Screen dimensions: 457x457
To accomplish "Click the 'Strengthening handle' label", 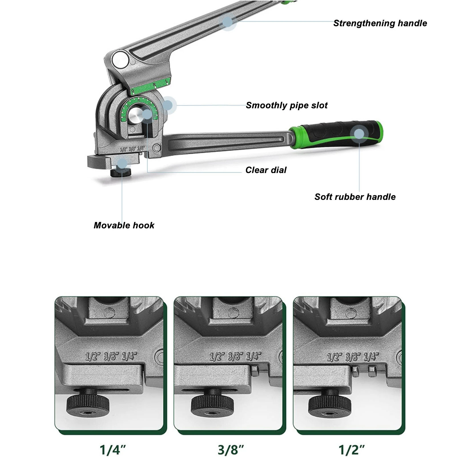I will [x=380, y=23].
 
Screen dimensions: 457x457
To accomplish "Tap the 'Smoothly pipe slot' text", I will [x=287, y=105].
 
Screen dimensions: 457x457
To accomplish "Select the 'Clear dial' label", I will [x=266, y=170].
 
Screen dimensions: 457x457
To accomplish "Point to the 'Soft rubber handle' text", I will [x=355, y=197].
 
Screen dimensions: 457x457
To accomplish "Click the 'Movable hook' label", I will [x=124, y=226].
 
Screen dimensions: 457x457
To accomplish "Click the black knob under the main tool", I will [x=121, y=172].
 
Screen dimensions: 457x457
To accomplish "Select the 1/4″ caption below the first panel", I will [x=113, y=450].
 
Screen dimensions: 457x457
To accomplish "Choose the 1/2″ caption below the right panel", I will [x=352, y=450].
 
